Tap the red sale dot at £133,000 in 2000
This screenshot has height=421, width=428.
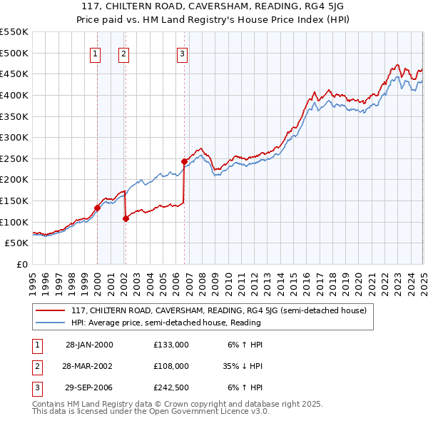coord(98,208)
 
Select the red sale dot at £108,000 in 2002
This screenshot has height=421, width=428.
coord(126,218)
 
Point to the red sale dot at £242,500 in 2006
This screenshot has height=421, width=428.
coord(184,161)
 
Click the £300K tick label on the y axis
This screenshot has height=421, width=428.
coord(14,137)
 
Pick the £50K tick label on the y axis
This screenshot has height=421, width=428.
coord(17,243)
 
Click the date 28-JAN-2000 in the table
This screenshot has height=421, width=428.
coord(89,344)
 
